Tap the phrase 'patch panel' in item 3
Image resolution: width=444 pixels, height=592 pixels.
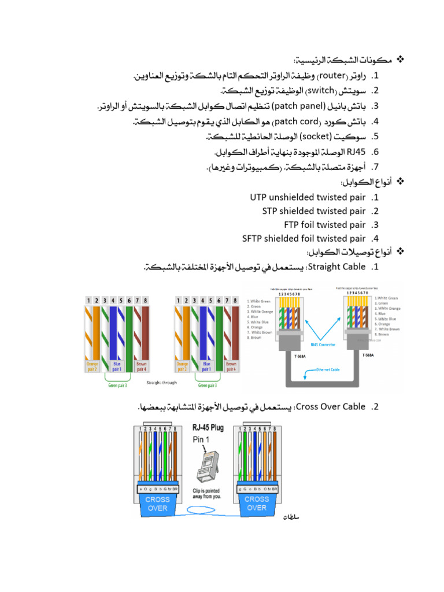point(297,106)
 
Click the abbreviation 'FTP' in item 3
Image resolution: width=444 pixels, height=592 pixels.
point(291,224)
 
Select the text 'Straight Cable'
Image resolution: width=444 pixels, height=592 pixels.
point(337,267)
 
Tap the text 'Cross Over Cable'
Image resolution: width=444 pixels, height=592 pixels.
point(330,406)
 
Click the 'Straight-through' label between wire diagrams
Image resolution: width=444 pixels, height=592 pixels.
point(162,383)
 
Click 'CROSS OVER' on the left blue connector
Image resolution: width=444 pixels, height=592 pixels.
point(157,503)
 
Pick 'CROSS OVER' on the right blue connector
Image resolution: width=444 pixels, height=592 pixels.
point(257,503)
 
